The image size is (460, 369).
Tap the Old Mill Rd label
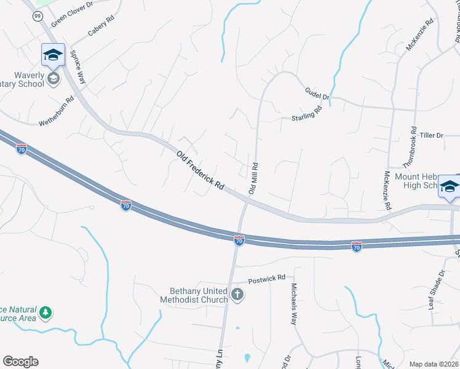(x=253, y=179)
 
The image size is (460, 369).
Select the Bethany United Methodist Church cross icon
(x=238, y=296)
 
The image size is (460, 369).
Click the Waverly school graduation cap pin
(x=53, y=56)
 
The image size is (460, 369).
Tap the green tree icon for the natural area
(x=46, y=313)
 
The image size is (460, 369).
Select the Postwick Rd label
(x=268, y=279)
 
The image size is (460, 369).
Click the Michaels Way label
(x=294, y=304)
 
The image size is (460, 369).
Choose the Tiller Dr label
(x=431, y=135)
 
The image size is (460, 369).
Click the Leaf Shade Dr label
(x=436, y=289)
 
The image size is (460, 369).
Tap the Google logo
(x=20, y=362)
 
